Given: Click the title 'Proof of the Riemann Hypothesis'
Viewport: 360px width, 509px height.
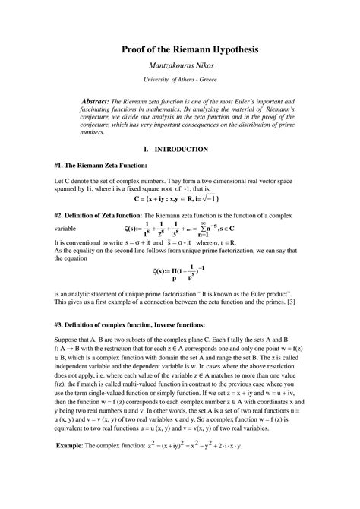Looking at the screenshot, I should pyautogui.click(x=179, y=49).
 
